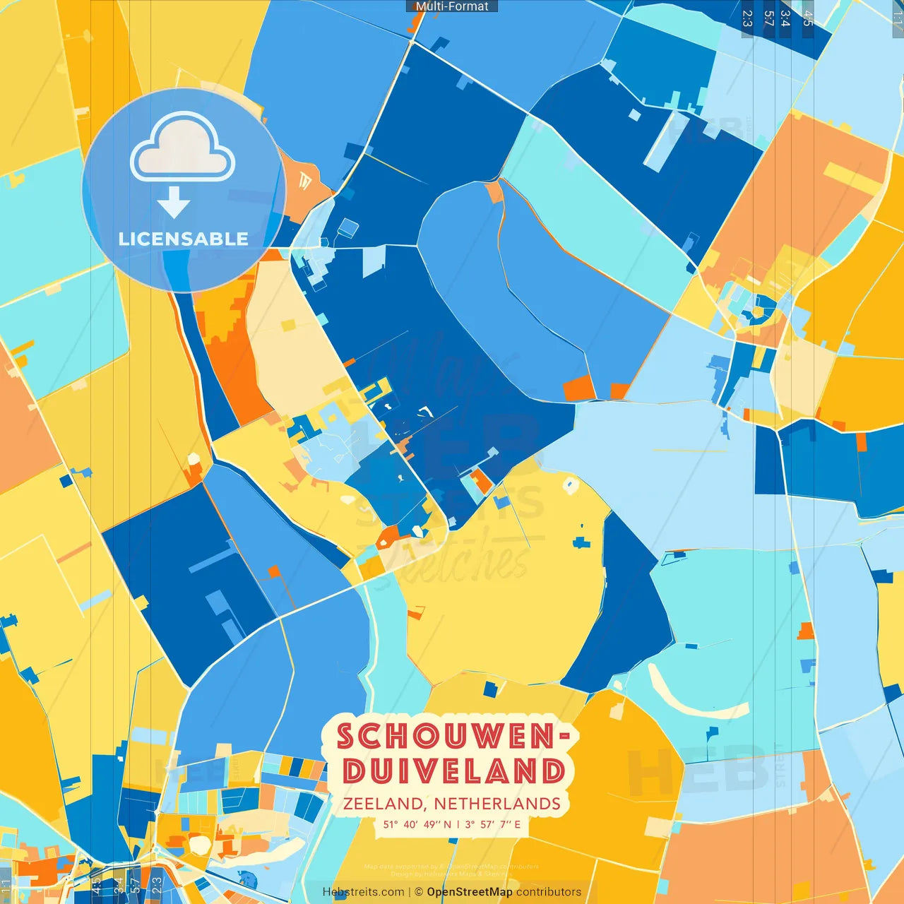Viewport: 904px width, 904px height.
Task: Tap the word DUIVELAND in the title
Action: (454, 771)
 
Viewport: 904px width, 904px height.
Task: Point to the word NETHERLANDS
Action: (497, 804)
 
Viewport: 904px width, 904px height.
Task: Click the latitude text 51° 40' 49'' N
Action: (417, 824)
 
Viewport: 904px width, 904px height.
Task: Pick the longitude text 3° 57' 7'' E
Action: (492, 824)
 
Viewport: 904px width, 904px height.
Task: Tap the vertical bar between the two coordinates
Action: (458, 824)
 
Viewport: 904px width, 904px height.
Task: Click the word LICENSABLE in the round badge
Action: (184, 239)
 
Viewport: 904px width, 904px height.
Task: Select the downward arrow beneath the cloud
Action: (174, 203)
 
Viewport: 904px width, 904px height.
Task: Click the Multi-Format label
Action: (452, 6)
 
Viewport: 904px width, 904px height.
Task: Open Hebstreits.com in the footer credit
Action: (363, 892)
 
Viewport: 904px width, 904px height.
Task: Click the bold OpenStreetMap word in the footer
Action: (469, 892)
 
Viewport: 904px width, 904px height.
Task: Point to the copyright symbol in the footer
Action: (419, 892)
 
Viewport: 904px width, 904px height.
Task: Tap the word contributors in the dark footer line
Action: (549, 892)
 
